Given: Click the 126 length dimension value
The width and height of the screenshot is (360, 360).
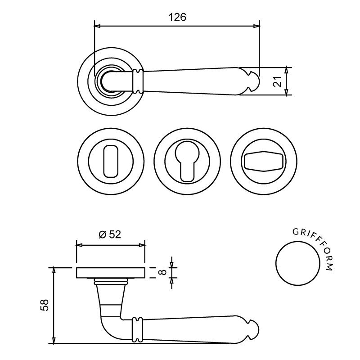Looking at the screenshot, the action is pyautogui.click(x=177, y=18).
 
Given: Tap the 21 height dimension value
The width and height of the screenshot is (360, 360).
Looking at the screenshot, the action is pyautogui.click(x=277, y=81).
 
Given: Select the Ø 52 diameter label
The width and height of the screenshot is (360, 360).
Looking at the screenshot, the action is pyautogui.click(x=110, y=234).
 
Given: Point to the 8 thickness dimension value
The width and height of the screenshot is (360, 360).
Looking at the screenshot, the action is pyautogui.click(x=162, y=272).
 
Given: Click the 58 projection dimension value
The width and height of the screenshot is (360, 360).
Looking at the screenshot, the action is pyautogui.click(x=44, y=305).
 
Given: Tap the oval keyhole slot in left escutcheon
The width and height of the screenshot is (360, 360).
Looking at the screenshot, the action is pyautogui.click(x=111, y=161).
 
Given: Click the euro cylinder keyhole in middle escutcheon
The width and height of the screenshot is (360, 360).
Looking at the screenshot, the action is pyautogui.click(x=187, y=162).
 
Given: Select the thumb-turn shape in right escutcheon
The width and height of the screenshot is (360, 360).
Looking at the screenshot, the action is pyautogui.click(x=263, y=161).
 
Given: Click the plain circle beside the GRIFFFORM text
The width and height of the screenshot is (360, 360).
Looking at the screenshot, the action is pyautogui.click(x=298, y=263).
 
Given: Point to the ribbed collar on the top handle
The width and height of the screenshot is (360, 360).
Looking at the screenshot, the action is pyautogui.click(x=138, y=81).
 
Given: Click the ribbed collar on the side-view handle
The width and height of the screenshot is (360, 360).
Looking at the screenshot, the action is pyautogui.click(x=137, y=330).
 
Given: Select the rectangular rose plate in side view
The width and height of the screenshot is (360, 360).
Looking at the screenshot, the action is pyautogui.click(x=111, y=273).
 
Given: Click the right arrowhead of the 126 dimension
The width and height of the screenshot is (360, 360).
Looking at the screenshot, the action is pyautogui.click(x=256, y=26).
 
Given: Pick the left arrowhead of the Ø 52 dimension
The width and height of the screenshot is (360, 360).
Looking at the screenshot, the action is pyautogui.click(x=79, y=245).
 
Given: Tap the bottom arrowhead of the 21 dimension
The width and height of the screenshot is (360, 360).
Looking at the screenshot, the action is pyautogui.click(x=286, y=92).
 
